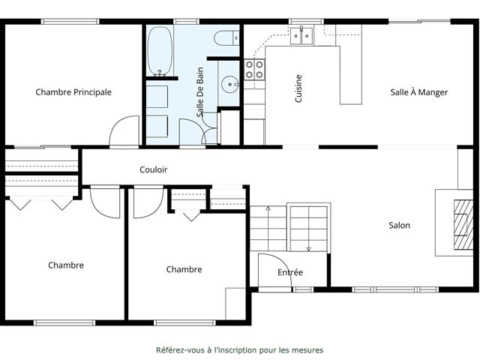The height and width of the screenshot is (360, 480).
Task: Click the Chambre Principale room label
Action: [x=73, y=92]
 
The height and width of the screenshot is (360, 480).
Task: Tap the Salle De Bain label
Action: [x=200, y=92]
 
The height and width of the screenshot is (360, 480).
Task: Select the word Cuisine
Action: [x=298, y=88]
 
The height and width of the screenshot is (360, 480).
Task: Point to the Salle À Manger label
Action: [x=418, y=91]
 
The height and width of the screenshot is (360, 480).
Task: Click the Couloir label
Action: [x=153, y=169]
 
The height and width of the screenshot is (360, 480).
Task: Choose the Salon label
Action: [x=399, y=225]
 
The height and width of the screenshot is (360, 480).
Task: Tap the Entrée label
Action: [x=290, y=272]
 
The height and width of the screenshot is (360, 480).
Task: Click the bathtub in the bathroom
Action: [x=160, y=51]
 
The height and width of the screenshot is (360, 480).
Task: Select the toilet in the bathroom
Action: [x=226, y=38]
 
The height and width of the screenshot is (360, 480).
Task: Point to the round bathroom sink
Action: [x=229, y=84]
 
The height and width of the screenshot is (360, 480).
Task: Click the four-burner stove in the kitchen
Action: [x=254, y=70]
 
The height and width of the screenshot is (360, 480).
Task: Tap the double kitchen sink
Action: [x=301, y=36]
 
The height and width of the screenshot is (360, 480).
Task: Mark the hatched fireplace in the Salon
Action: [x=463, y=225]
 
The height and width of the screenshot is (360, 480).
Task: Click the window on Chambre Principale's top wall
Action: [x=70, y=22]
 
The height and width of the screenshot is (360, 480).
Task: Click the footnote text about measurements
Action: [x=240, y=350]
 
